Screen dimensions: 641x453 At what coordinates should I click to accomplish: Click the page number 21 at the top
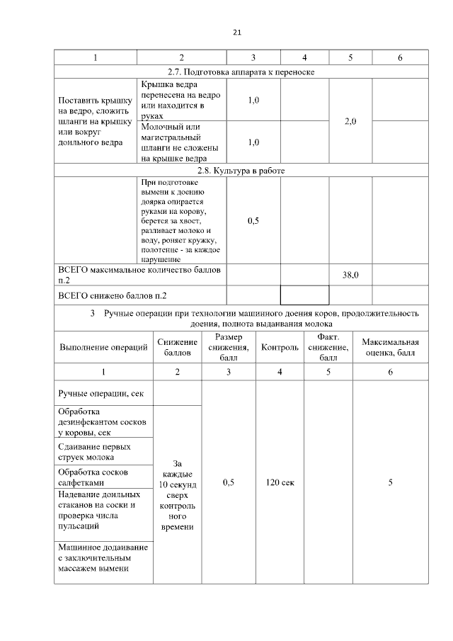(237, 32)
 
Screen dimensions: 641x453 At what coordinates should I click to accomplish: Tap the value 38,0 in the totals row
(350, 275)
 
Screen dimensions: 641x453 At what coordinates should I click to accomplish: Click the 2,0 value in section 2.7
(350, 122)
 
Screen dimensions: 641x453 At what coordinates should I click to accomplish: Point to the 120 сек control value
(280, 482)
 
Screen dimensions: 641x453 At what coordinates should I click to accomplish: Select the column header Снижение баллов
(177, 347)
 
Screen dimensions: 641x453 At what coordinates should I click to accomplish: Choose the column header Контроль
(280, 347)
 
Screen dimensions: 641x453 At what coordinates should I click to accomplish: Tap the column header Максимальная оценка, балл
(391, 347)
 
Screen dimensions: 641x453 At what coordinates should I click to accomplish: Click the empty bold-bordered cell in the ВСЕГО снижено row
(304, 295)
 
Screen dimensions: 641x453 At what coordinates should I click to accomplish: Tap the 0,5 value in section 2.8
(253, 221)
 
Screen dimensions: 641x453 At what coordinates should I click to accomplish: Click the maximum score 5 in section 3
(391, 482)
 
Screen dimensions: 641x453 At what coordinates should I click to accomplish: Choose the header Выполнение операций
(103, 347)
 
